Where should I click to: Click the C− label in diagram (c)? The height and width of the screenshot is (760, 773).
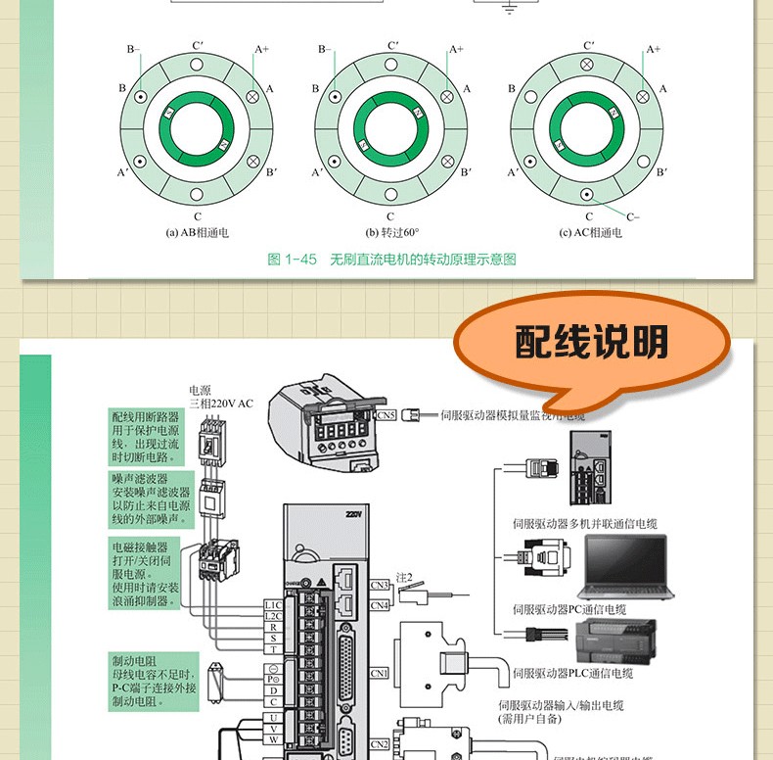[633, 216]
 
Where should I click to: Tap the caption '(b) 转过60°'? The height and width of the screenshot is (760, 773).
[391, 233]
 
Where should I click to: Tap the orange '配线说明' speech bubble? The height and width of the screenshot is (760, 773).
[592, 344]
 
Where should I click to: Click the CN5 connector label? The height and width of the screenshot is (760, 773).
[386, 415]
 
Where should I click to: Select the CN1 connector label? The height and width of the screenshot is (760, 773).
[381, 673]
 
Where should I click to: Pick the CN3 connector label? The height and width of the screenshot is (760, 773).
[381, 586]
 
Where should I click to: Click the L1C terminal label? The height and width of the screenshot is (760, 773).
[273, 605]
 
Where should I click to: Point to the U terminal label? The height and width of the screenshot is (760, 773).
[273, 717]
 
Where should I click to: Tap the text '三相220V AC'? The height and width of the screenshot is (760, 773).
[221, 403]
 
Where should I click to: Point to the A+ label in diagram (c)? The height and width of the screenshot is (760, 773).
[654, 48]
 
